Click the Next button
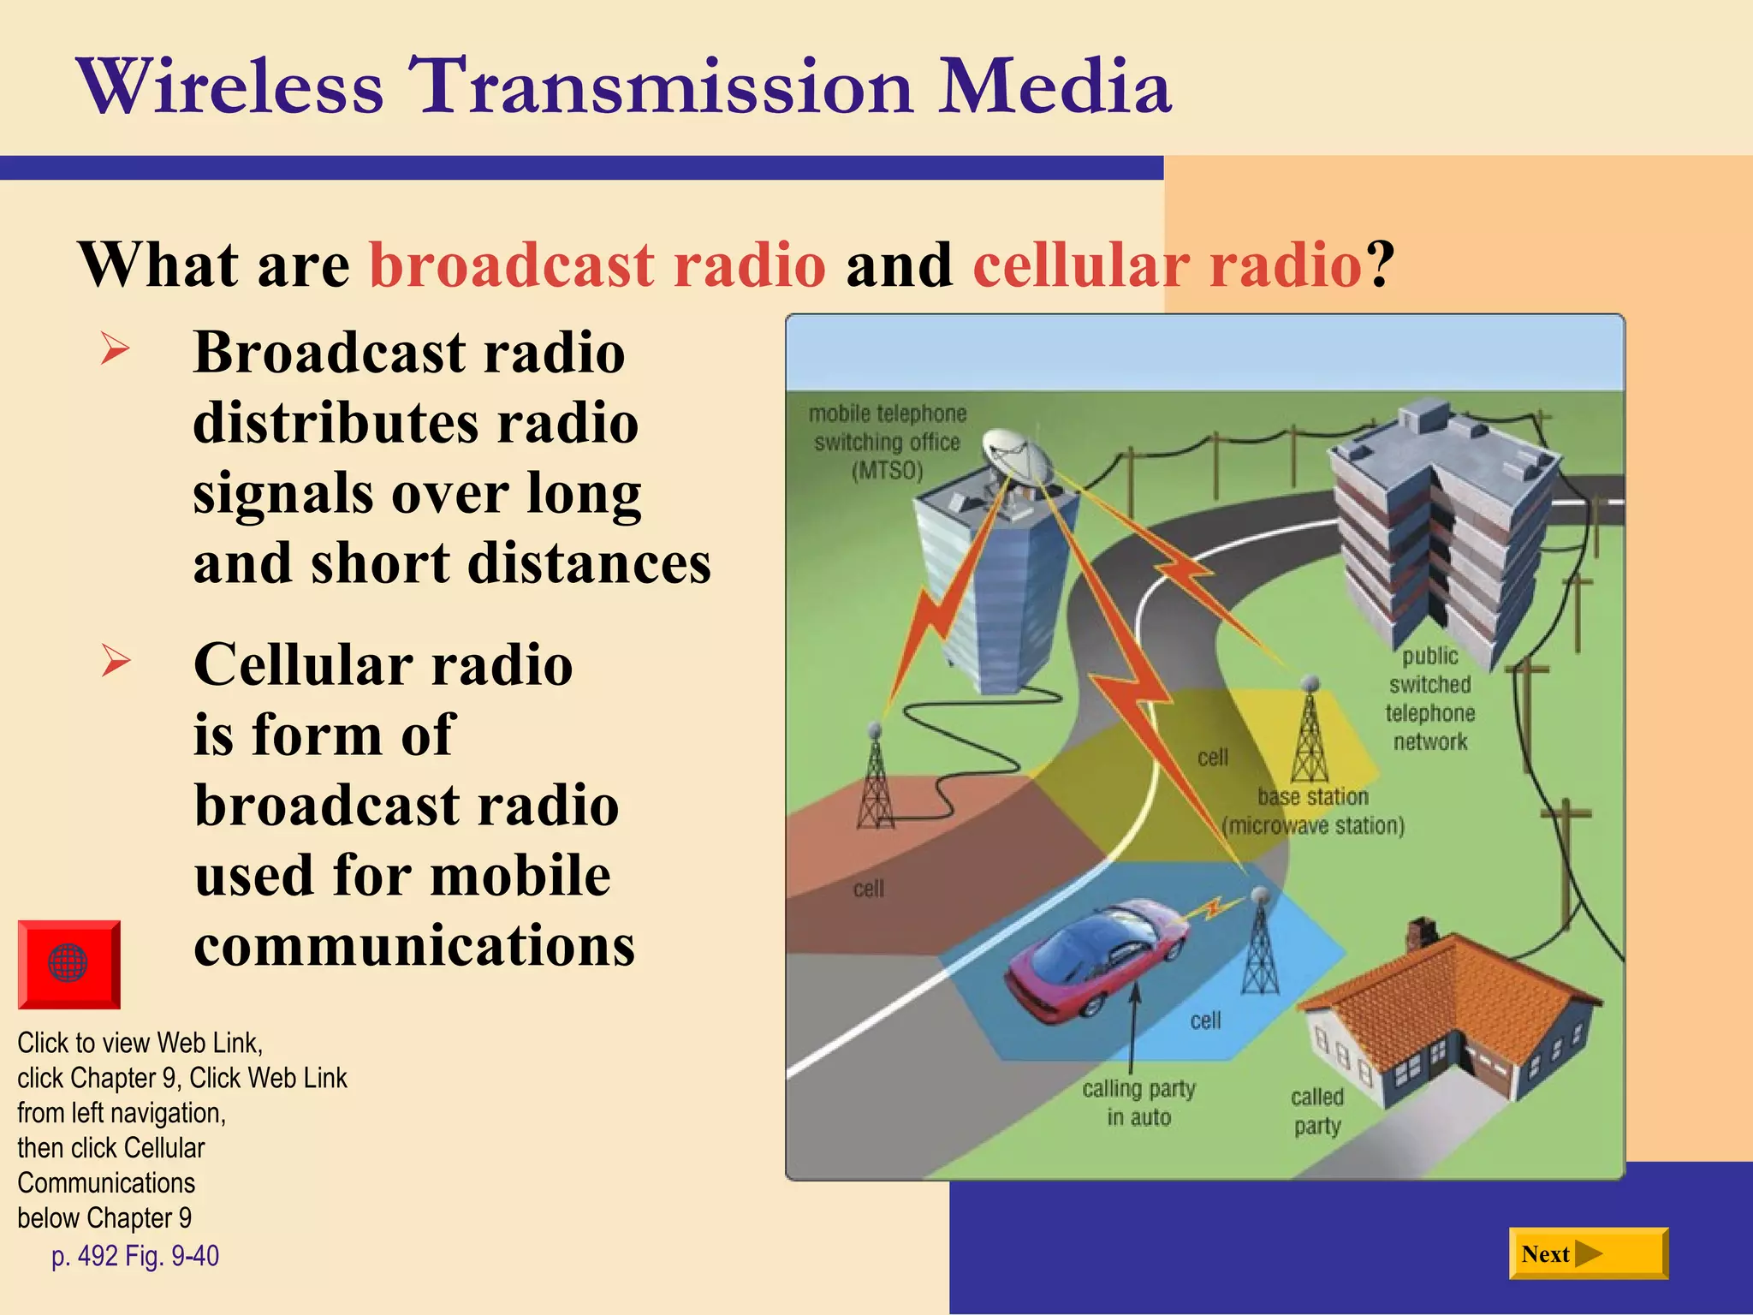[x=1588, y=1254]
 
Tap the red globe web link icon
[x=68, y=964]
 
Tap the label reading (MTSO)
[x=887, y=471]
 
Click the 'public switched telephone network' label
[x=1429, y=699]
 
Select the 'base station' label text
[x=1313, y=797]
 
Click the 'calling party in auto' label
[x=1138, y=1103]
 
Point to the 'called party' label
[x=1317, y=1111]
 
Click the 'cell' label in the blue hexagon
[x=1205, y=1020]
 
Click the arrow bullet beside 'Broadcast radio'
[x=115, y=349]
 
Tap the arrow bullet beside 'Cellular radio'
[x=115, y=661]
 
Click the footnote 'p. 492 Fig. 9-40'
[x=135, y=1256]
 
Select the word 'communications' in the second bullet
[x=414, y=945]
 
